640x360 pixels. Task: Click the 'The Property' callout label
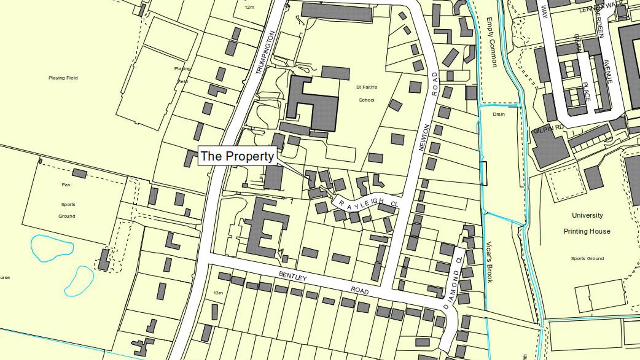[237, 156]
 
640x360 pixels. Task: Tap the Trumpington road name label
[266, 52]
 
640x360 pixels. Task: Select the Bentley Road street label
[324, 283]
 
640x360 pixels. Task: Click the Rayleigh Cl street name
[368, 203]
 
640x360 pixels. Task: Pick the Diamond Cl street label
[452, 284]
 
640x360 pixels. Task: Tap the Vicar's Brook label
[489, 262]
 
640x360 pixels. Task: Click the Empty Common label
[492, 42]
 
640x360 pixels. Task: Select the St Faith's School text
[366, 93]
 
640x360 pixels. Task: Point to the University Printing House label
[587, 223]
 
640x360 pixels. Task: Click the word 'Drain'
[498, 114]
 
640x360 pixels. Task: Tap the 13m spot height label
[218, 293]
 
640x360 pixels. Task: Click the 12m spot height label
[249, 8]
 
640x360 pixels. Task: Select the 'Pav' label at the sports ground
[66, 185]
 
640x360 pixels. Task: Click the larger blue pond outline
[52, 248]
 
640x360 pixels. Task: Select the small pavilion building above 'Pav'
[79, 174]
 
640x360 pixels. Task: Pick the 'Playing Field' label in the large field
[63, 78]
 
